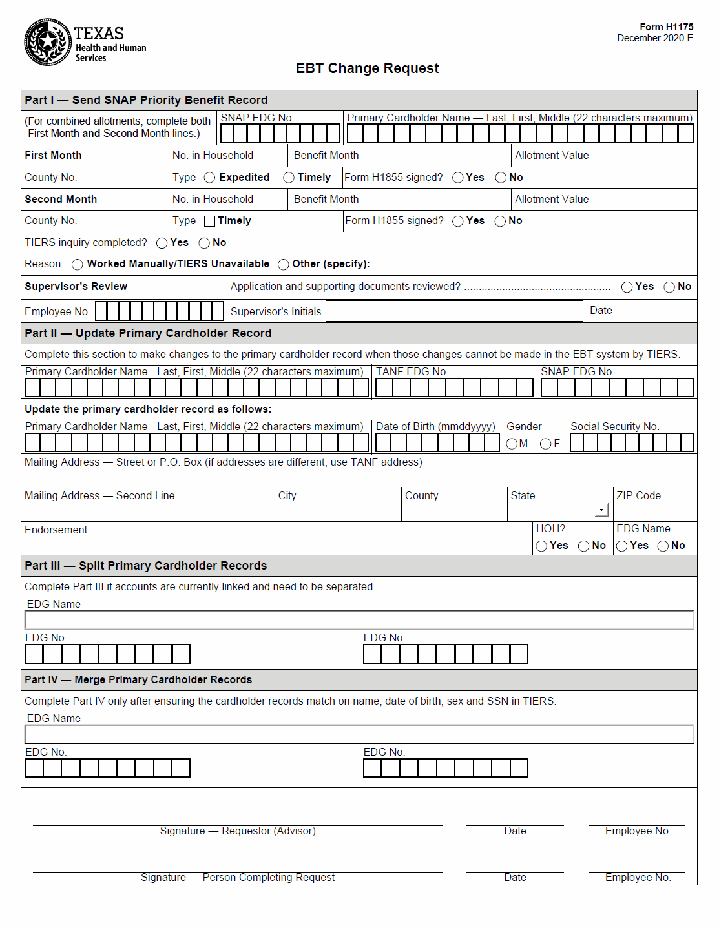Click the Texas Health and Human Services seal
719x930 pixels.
(x=47, y=42)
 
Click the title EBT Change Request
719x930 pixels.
(x=367, y=68)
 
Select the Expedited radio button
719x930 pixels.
(x=209, y=178)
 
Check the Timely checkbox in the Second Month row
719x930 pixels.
(x=209, y=221)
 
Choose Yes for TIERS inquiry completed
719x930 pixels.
(x=162, y=243)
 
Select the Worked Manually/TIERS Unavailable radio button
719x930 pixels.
(x=78, y=264)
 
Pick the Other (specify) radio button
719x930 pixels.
(x=283, y=264)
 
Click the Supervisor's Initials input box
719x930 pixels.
(x=454, y=311)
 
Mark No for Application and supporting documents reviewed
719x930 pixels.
(x=669, y=287)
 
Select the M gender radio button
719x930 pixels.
(x=512, y=444)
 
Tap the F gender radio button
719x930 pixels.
(x=545, y=444)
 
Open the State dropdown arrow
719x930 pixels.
(x=601, y=510)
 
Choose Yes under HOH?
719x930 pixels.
(x=541, y=546)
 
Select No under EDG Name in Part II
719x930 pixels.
(x=663, y=546)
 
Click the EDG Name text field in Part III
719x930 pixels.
(x=359, y=621)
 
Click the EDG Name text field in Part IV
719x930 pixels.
(x=359, y=734)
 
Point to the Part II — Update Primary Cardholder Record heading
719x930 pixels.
(x=148, y=333)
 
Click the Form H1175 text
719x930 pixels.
(x=666, y=27)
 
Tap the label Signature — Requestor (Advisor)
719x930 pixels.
(x=238, y=831)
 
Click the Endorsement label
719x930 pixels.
(x=56, y=530)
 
